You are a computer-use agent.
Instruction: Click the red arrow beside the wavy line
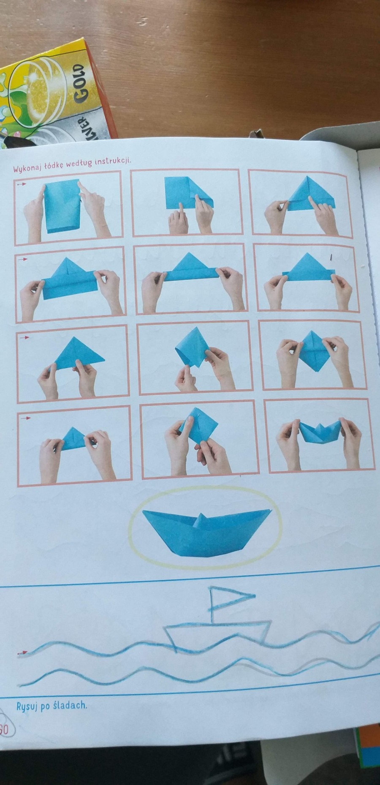click(x=22, y=653)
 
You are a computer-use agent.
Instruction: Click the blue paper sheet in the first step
click(x=62, y=206)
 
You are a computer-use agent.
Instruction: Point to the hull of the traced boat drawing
click(x=217, y=633)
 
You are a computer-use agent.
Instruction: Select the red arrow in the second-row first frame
click(x=23, y=259)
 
